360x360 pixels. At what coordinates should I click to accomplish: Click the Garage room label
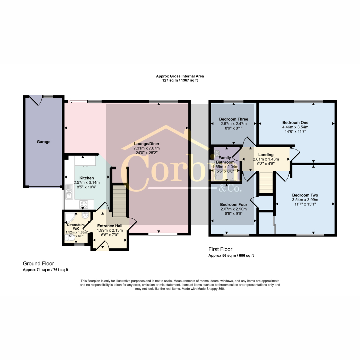(x=43, y=142)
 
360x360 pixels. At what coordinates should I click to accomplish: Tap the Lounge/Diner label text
(x=147, y=144)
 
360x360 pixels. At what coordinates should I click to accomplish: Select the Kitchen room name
(x=86, y=178)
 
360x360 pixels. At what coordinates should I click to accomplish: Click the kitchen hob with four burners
(x=84, y=204)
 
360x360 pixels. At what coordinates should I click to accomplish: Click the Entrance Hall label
(x=110, y=226)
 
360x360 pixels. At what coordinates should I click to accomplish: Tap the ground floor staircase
(x=120, y=201)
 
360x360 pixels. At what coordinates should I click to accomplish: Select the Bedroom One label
(x=295, y=123)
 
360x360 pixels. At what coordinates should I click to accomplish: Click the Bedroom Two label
(x=305, y=195)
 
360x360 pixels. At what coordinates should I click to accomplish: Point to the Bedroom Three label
(x=233, y=119)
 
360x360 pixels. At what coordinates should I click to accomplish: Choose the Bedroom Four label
(x=233, y=205)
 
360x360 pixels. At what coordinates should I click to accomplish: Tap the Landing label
(x=266, y=155)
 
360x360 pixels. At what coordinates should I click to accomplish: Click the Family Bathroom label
(x=225, y=160)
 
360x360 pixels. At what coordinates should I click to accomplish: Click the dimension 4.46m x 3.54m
(x=295, y=127)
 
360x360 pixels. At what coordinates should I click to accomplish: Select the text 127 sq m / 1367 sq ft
(x=180, y=80)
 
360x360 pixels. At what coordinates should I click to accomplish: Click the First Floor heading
(x=220, y=249)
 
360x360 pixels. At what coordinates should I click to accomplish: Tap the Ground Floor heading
(x=38, y=263)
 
